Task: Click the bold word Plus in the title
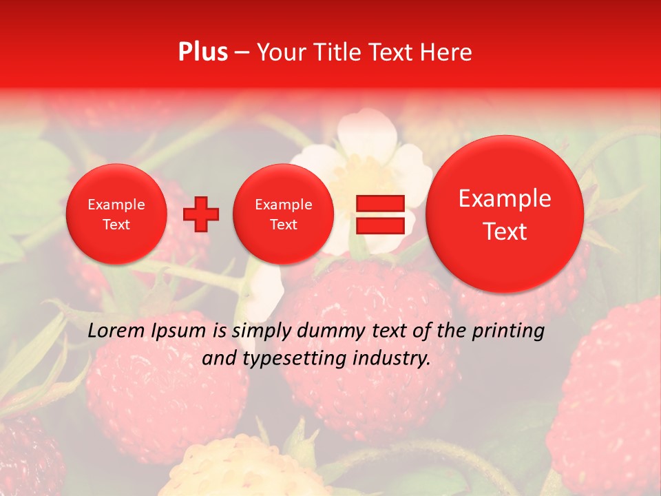pyautogui.click(x=203, y=52)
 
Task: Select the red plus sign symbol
pyautogui.click(x=201, y=214)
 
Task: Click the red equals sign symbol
pyautogui.click(x=379, y=214)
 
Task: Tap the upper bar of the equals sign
pyautogui.click(x=379, y=203)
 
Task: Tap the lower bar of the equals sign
pyautogui.click(x=379, y=225)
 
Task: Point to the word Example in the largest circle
pyautogui.click(x=505, y=198)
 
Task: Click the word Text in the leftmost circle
pyautogui.click(x=116, y=225)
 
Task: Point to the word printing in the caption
pyautogui.click(x=509, y=331)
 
